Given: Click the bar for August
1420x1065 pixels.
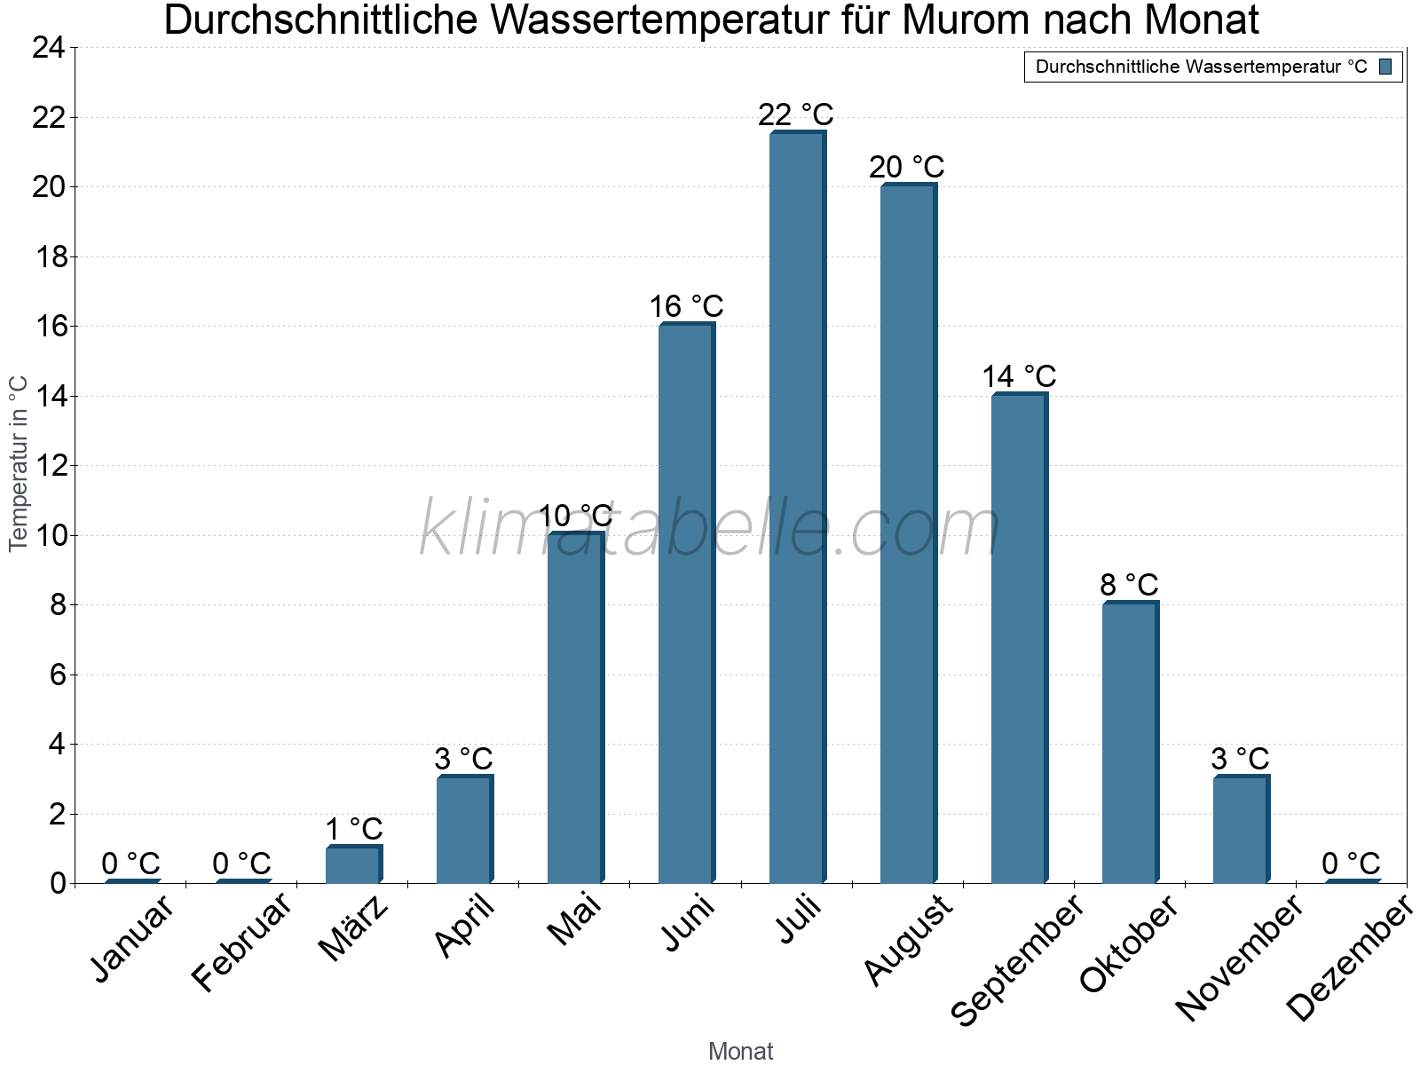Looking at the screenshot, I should pos(908,533).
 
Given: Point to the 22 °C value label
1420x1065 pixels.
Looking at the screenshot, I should pos(796,114).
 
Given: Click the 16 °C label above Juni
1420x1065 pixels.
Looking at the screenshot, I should pos(686,307).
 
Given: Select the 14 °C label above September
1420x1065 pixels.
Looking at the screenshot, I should pos(1019,376).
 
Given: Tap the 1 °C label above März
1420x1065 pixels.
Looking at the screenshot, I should pos(353,829).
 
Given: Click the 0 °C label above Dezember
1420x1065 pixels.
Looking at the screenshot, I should pos(1351,864).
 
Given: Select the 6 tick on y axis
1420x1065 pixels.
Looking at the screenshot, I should pos(58,674).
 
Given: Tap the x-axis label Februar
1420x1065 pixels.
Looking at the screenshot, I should pos(241,942).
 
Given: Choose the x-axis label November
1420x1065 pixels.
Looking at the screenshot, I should pos(1240,958).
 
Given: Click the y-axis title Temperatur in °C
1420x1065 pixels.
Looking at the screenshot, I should pos(19,463).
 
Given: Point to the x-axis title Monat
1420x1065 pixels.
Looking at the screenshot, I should pos(741,1051).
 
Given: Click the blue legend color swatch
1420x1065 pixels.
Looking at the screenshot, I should pos(1385,67).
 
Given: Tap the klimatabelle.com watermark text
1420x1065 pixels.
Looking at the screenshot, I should pos(710,529).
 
